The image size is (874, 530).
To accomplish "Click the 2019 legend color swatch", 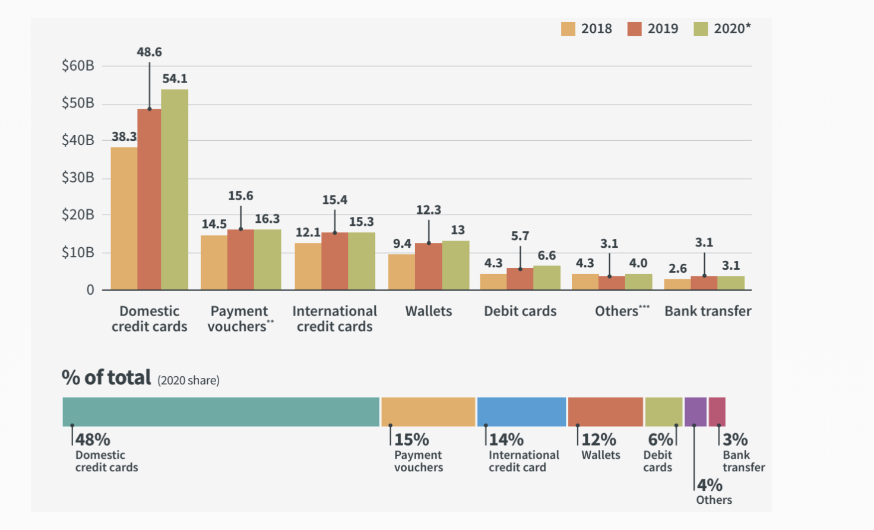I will coord(634,29).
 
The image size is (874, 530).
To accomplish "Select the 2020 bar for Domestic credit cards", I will coord(175,190).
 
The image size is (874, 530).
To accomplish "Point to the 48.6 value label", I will coord(149,52).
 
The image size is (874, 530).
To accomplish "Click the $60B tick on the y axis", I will coord(78,66).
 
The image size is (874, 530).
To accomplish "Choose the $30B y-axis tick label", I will coord(78,178).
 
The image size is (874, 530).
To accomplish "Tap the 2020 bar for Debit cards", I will coord(546,277).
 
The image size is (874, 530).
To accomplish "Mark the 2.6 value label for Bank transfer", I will coord(677,269).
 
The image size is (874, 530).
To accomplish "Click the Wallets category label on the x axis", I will coord(428,311).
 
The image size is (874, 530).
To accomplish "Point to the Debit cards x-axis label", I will coord(520,311).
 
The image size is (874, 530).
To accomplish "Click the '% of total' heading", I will coord(107,378).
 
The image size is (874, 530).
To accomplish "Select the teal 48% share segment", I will coord(220,412).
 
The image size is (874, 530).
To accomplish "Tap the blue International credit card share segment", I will coord(521,412).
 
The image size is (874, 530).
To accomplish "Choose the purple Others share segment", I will coord(695,412).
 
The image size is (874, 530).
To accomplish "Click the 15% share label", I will coord(411,440).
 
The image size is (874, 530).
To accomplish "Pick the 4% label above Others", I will coord(710,485).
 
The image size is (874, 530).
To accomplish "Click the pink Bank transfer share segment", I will coord(717,412).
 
